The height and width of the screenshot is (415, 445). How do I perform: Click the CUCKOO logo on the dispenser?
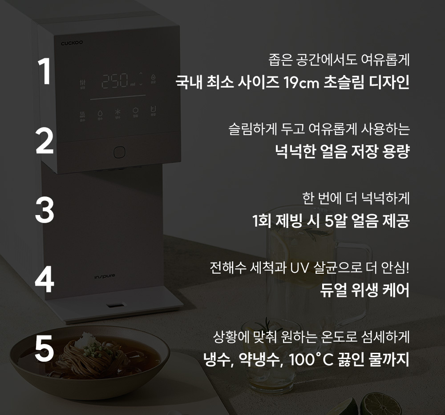click(x=72, y=43)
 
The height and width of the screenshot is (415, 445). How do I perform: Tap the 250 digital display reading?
click(x=115, y=81)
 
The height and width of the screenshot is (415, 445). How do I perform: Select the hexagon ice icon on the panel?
click(x=135, y=110)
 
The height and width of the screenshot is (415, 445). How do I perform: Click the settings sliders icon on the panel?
click(x=83, y=83)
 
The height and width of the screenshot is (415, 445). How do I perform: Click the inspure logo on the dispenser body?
click(x=105, y=276)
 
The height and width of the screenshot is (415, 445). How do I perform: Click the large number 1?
click(x=45, y=71)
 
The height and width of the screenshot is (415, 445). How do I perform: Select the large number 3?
click(x=44, y=210)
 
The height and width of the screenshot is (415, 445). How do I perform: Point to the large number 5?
click(x=44, y=348)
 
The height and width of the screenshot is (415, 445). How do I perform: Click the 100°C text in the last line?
click(x=311, y=360)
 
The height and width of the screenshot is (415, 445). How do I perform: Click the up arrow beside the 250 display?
click(x=141, y=74)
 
